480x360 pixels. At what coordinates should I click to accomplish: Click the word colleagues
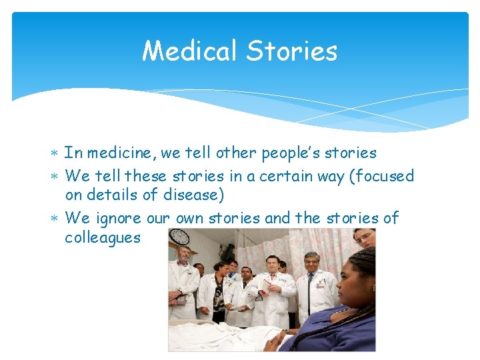103,237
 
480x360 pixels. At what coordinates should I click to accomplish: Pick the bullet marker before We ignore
55,219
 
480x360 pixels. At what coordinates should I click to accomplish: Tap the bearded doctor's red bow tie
182,262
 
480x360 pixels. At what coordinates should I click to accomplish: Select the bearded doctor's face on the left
183,253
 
